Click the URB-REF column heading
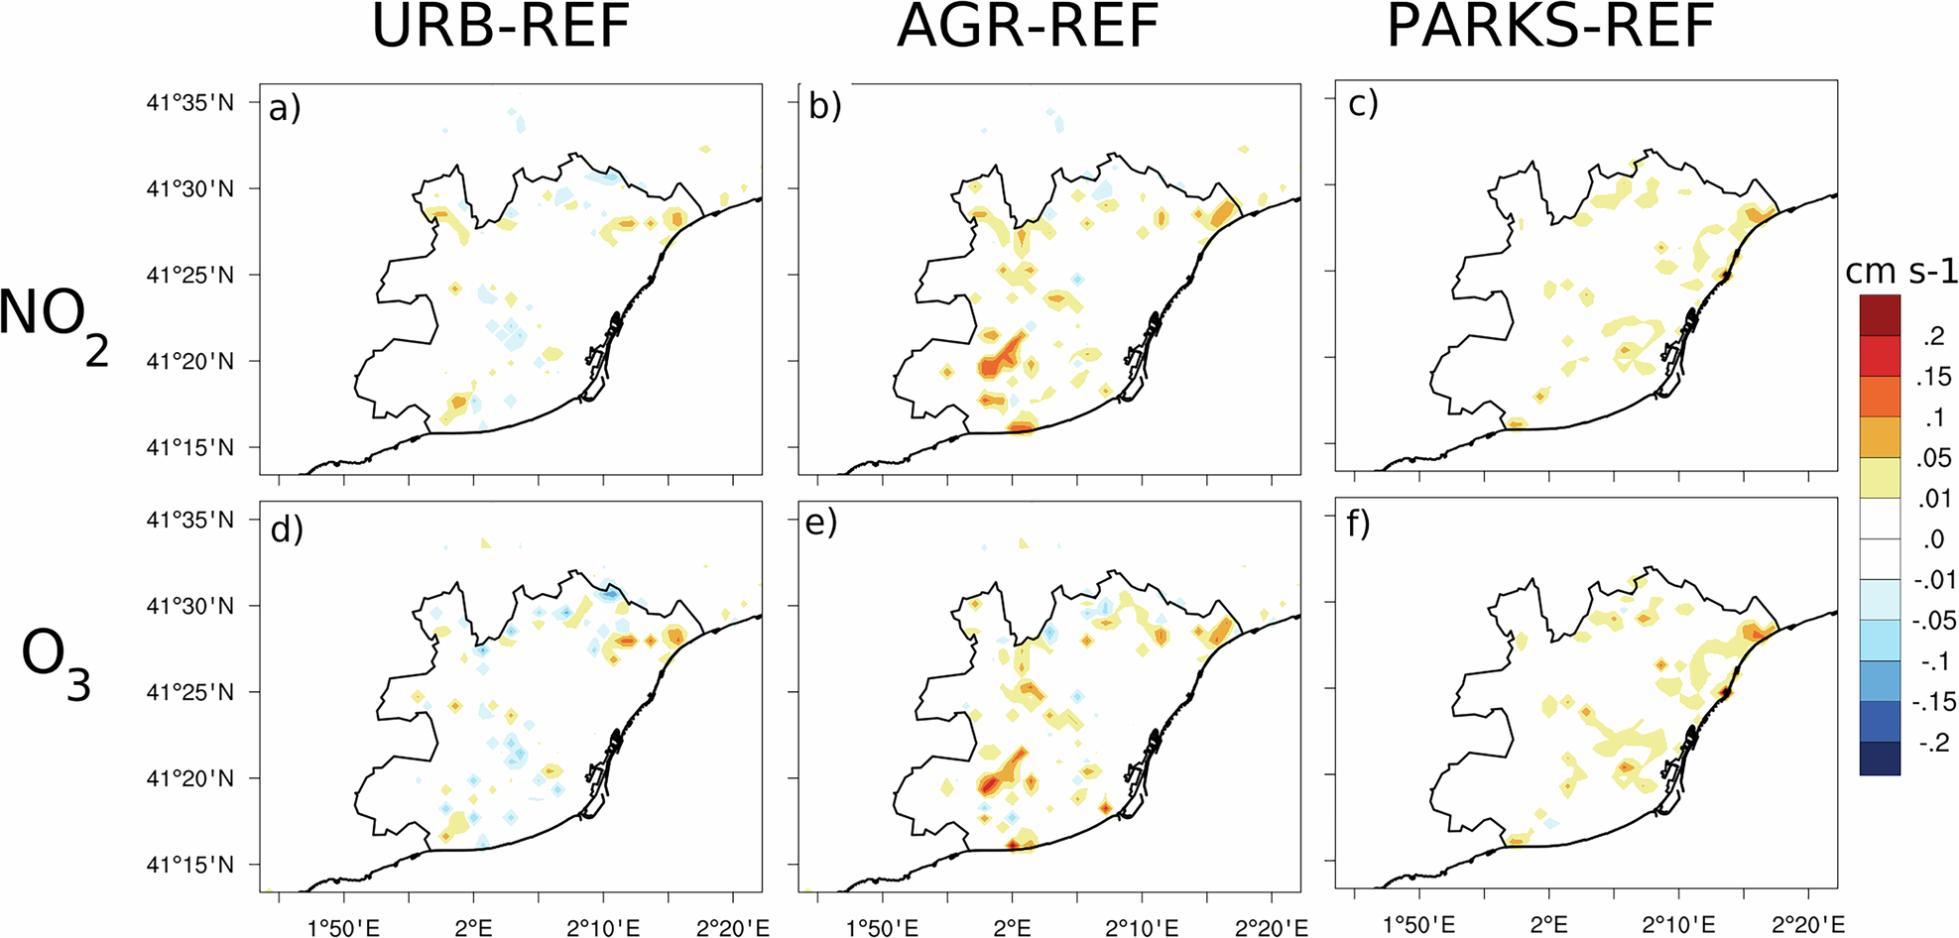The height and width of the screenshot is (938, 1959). pos(501,27)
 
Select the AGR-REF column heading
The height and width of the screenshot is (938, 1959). pos(1028,27)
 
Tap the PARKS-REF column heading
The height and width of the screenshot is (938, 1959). pos(1550,27)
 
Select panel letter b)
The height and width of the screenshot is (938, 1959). pos(824,105)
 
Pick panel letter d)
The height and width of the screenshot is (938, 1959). pos(286,528)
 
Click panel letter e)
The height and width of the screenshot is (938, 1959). pos(821,523)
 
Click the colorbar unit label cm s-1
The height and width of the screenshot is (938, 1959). pos(1900,271)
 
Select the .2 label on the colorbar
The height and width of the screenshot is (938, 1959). pos(1933,336)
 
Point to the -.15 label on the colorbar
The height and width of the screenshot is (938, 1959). pos(1931,702)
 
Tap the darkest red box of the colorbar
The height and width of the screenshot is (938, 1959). pos(1880,315)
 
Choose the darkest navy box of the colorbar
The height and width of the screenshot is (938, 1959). pos(1880,759)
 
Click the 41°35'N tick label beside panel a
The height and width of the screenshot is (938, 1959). pos(190,102)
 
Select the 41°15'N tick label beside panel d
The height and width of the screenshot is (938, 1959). pos(190,865)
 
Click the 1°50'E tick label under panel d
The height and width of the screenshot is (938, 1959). pos(343,928)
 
